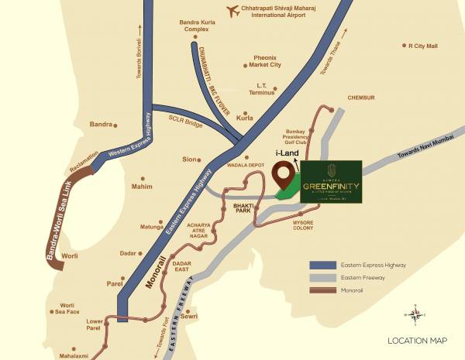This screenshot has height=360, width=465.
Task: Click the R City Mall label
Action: (x=428, y=46)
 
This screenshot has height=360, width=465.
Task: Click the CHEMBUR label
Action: (x=360, y=98)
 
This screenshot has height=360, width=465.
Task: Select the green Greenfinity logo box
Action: (x=331, y=183)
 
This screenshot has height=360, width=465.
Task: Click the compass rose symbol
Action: (x=416, y=314)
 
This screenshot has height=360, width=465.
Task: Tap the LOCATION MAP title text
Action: (x=418, y=341)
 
